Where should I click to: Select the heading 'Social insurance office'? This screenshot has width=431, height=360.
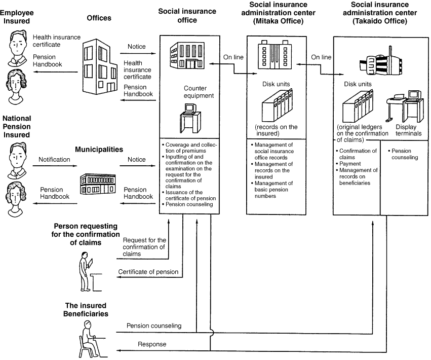point(187,15)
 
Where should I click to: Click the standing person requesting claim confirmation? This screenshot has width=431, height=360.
point(86,273)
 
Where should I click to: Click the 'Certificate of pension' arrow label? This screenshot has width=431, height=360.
point(148,272)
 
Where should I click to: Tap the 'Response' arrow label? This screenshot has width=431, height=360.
point(152,344)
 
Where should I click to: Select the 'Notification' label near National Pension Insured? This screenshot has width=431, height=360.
point(55,160)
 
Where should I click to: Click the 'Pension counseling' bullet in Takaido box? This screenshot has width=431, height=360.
point(403,154)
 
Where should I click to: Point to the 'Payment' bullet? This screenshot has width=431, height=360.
point(350,164)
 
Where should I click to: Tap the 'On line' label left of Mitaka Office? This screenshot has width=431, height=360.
point(233,57)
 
